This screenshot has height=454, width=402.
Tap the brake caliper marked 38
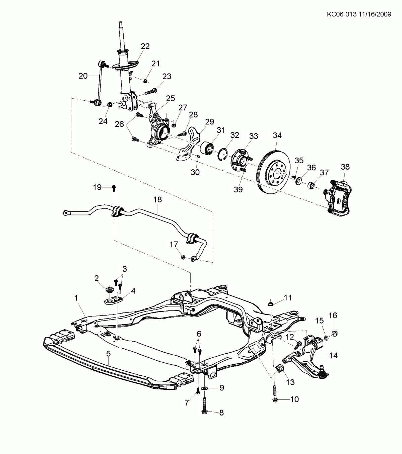click(x=338, y=197)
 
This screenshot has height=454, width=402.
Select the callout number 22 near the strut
click(x=145, y=46)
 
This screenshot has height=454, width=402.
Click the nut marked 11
click(x=270, y=304)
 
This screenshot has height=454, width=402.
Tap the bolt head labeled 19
click(x=114, y=187)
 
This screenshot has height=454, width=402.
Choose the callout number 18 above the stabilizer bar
click(x=157, y=200)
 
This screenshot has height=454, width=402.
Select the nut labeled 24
click(x=110, y=105)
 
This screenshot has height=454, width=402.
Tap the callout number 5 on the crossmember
click(x=108, y=353)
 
